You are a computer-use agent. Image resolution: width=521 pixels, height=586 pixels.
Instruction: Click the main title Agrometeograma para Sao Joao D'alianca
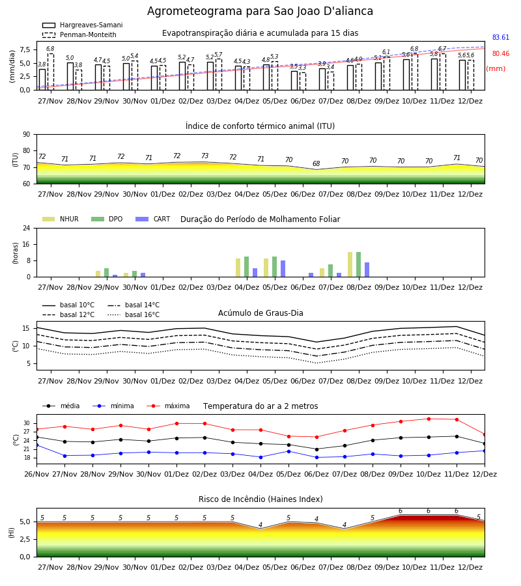pos(260,11)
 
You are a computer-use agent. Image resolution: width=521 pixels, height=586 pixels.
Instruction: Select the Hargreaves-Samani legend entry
pos(82,25)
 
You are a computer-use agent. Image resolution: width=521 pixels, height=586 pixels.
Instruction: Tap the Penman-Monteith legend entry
pos(79,35)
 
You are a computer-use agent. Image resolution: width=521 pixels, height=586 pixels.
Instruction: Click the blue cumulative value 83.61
pos(501,37)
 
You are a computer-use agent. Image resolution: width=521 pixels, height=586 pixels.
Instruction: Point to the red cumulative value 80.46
pos(501,54)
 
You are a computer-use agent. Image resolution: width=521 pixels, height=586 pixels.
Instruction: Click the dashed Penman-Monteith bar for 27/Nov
pos(50,72)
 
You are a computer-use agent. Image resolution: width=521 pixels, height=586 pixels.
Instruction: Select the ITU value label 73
pos(204,156)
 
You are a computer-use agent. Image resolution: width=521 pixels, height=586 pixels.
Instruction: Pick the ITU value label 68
pos(317,163)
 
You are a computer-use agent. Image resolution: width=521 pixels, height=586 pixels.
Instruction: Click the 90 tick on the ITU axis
pos(27,135)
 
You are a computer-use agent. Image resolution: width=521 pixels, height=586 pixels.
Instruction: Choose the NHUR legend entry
pos(61,219)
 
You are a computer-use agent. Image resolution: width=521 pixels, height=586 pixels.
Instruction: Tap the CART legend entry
pos(153,219)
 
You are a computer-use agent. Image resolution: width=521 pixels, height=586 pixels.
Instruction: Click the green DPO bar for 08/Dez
pos(358,264)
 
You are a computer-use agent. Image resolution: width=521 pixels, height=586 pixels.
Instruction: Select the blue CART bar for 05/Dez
pos(283,269)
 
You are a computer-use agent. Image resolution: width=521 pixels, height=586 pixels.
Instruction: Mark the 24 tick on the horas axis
pos(27,229)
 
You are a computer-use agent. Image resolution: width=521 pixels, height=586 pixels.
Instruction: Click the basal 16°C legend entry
pos(134,314)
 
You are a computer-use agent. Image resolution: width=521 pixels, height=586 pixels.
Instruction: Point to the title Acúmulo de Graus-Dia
pos(260,313)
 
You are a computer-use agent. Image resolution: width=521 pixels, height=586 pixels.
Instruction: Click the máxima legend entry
pos(169,406)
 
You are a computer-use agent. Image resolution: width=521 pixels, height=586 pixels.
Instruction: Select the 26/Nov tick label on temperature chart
pos(36,474)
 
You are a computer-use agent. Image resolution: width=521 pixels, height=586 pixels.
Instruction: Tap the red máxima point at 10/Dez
pos(429,419)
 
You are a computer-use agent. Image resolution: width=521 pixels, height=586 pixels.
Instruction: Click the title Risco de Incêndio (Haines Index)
pos(260,499)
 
